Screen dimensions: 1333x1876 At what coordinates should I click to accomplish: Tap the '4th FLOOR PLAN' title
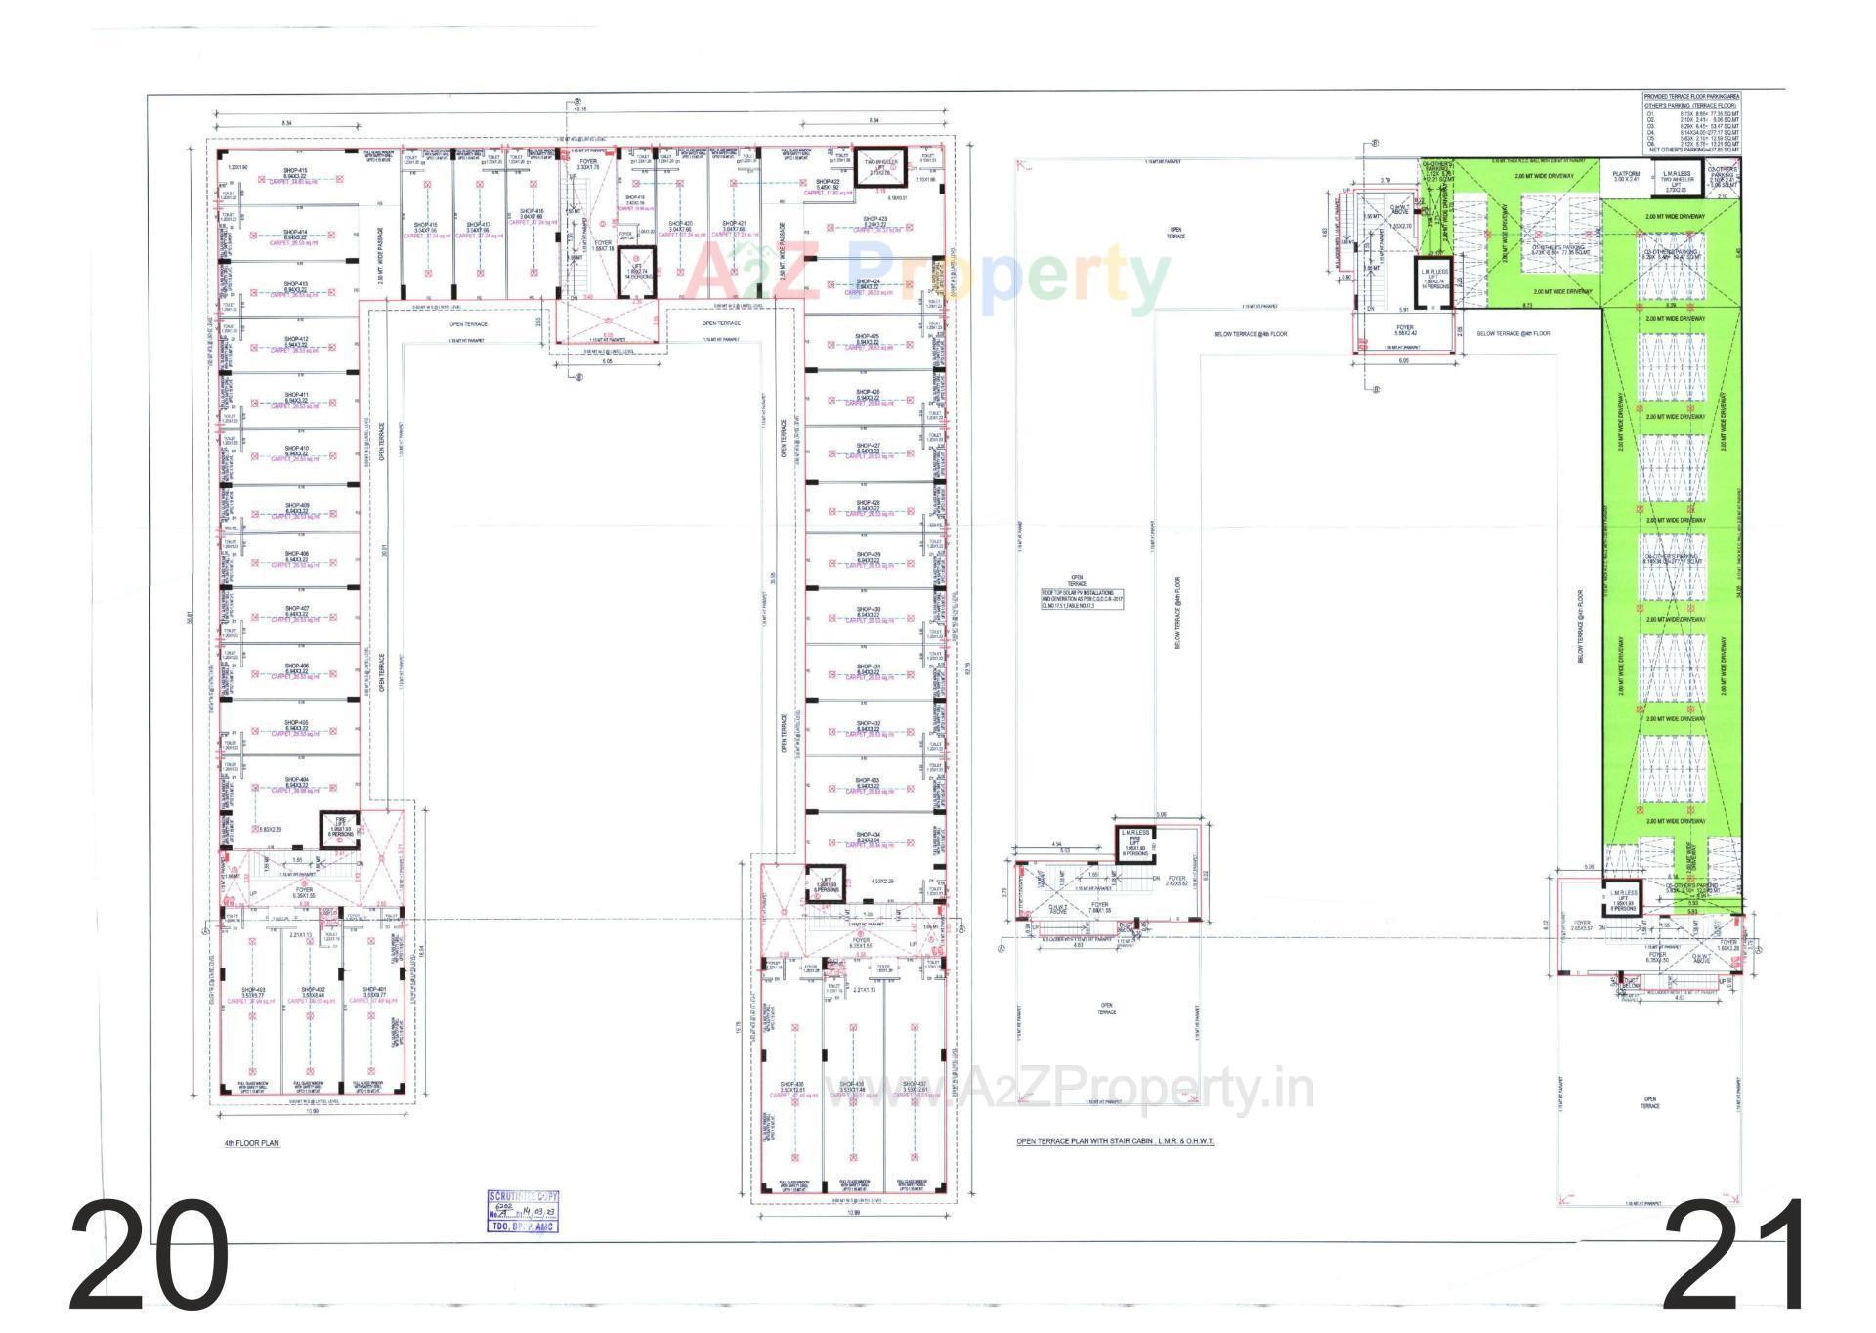[x=251, y=1141]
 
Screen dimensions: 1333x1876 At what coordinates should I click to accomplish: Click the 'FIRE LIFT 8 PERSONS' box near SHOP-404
[x=340, y=828]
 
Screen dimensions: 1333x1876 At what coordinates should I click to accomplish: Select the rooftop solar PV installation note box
[x=1082, y=600]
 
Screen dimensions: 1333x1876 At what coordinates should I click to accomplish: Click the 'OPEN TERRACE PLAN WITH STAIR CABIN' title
[x=1114, y=1141]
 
